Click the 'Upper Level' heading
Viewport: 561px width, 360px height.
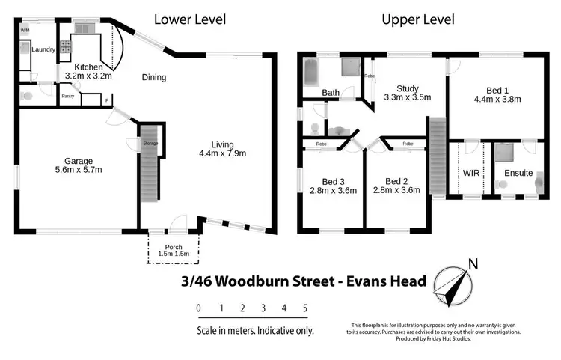click(x=418, y=19)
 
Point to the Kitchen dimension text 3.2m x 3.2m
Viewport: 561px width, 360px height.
click(x=88, y=76)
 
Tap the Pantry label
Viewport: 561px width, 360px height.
click(x=68, y=96)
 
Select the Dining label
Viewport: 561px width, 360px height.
click(x=153, y=77)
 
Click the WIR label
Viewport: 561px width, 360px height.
click(x=471, y=172)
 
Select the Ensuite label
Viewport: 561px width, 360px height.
click(x=518, y=172)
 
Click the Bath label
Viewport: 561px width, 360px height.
click(x=331, y=93)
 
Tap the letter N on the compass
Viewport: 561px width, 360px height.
click(x=472, y=263)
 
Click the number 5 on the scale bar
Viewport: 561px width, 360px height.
click(x=304, y=308)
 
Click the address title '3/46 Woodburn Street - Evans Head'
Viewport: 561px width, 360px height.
click(x=304, y=281)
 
